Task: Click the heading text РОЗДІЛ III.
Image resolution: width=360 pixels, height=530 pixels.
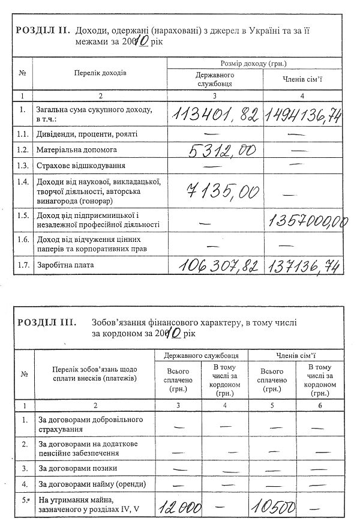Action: point(46,322)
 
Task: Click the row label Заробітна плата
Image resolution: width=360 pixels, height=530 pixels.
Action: point(65,263)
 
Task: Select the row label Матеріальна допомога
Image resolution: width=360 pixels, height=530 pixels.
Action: point(76,149)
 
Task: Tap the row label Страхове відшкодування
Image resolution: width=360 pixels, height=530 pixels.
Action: point(79,165)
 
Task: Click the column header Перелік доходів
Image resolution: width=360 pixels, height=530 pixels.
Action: point(101,72)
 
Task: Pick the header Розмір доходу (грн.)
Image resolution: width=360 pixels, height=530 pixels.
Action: point(254,63)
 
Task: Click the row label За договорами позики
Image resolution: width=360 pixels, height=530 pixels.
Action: point(77,468)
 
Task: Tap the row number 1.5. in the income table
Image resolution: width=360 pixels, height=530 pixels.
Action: point(22,214)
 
